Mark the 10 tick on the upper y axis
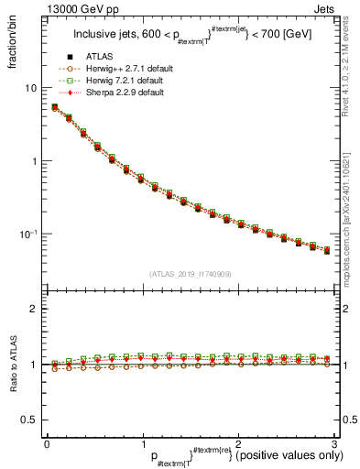tap(33, 88)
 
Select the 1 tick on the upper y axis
tap(37, 161)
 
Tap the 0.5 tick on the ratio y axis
tap(33, 420)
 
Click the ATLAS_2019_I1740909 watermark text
tap(190, 273)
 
